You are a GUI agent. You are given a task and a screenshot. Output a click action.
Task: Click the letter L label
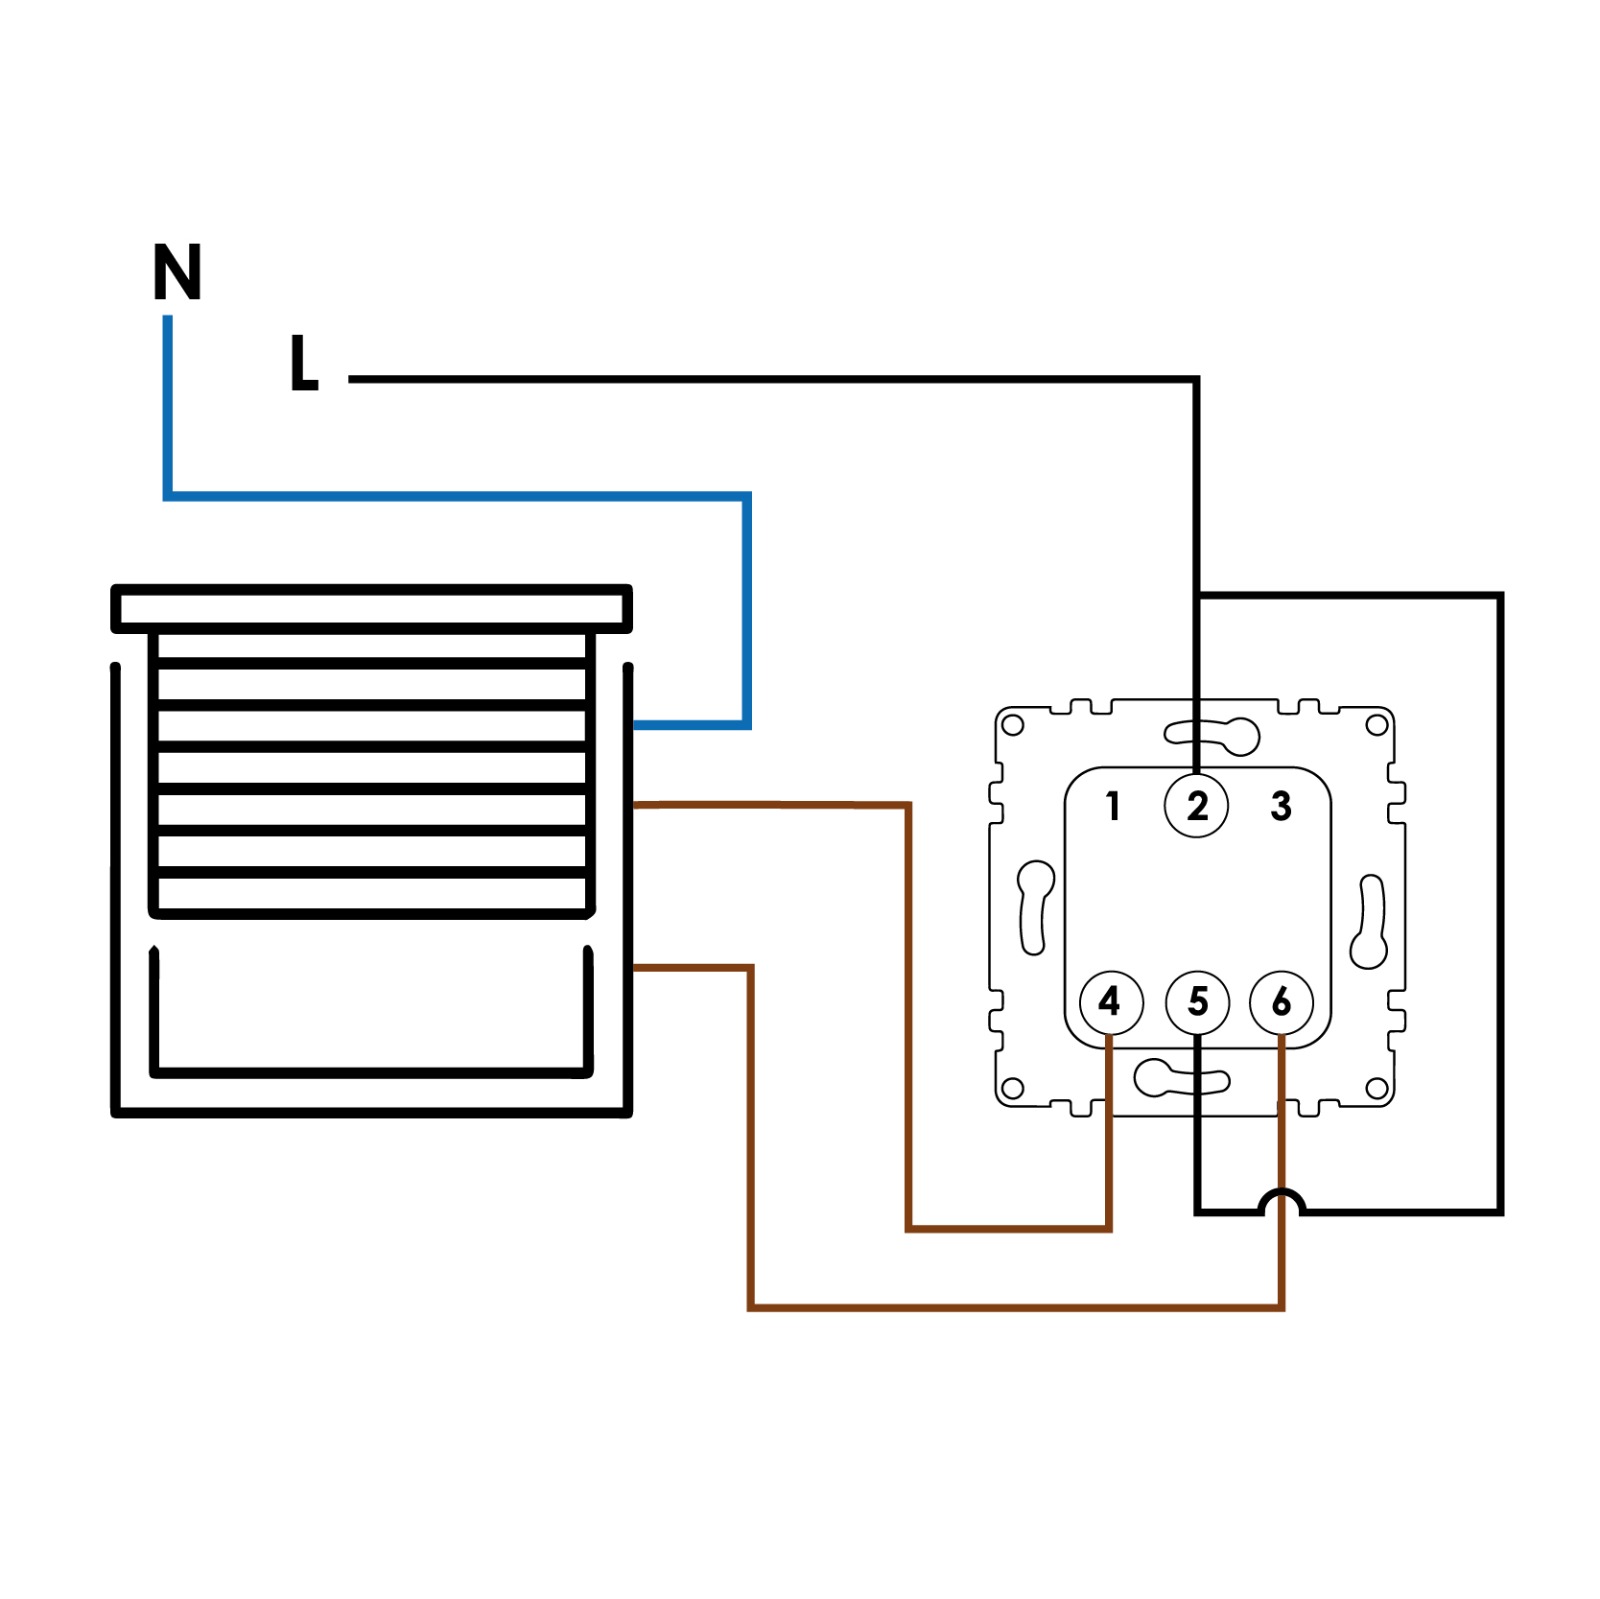tap(303, 363)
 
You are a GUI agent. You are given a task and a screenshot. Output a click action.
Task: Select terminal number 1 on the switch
tap(1112, 805)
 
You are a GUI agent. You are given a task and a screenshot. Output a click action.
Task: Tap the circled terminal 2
tap(1196, 805)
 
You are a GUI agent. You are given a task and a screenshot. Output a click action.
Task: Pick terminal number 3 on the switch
tap(1281, 805)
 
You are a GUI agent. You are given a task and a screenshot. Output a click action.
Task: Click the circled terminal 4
tap(1111, 1001)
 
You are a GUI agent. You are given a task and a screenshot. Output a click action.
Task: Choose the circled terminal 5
tap(1197, 1001)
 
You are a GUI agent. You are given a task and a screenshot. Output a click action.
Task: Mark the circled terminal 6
tap(1281, 1001)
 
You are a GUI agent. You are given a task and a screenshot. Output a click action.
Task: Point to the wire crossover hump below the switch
tap(1282, 1199)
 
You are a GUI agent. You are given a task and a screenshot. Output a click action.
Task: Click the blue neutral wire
tap(455, 495)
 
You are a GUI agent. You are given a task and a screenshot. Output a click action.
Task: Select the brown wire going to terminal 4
tap(908, 1010)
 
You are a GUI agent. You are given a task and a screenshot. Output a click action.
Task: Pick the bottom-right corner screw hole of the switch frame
tap(1377, 1088)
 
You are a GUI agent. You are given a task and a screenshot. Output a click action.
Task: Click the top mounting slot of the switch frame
tap(1212, 736)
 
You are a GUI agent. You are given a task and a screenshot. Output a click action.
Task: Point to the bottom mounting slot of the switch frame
tap(1180, 1078)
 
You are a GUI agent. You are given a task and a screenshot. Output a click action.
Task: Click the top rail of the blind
tap(371, 608)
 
